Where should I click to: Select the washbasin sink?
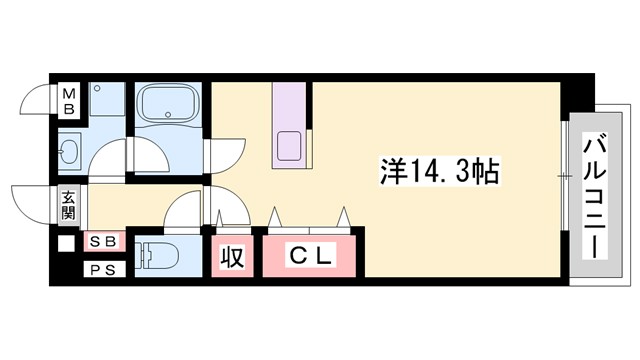point(71,153)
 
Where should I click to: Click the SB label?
point(102,241)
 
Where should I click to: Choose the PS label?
point(102,267)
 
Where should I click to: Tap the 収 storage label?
point(232,257)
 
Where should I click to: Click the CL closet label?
point(311,257)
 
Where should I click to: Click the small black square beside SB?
point(67,242)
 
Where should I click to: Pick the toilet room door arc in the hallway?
point(183,211)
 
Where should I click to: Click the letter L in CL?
point(325,257)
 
